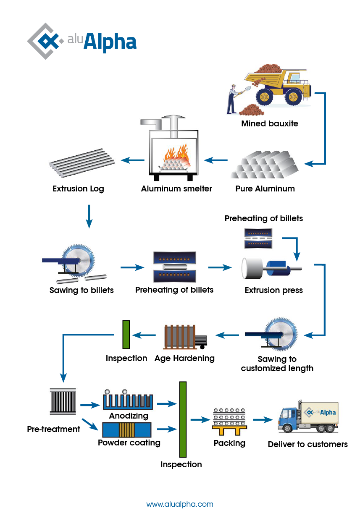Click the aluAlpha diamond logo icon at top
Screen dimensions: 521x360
point(44,41)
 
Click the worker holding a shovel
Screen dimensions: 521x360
point(231,98)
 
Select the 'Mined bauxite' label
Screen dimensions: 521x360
point(269,124)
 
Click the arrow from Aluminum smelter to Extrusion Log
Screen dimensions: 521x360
point(131,160)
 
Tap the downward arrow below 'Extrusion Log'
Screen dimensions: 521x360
point(89,216)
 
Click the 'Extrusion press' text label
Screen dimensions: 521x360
point(273,290)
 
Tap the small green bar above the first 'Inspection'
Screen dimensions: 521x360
point(126,335)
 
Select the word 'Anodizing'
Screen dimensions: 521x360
point(129,416)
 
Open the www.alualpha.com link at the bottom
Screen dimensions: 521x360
point(180,504)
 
